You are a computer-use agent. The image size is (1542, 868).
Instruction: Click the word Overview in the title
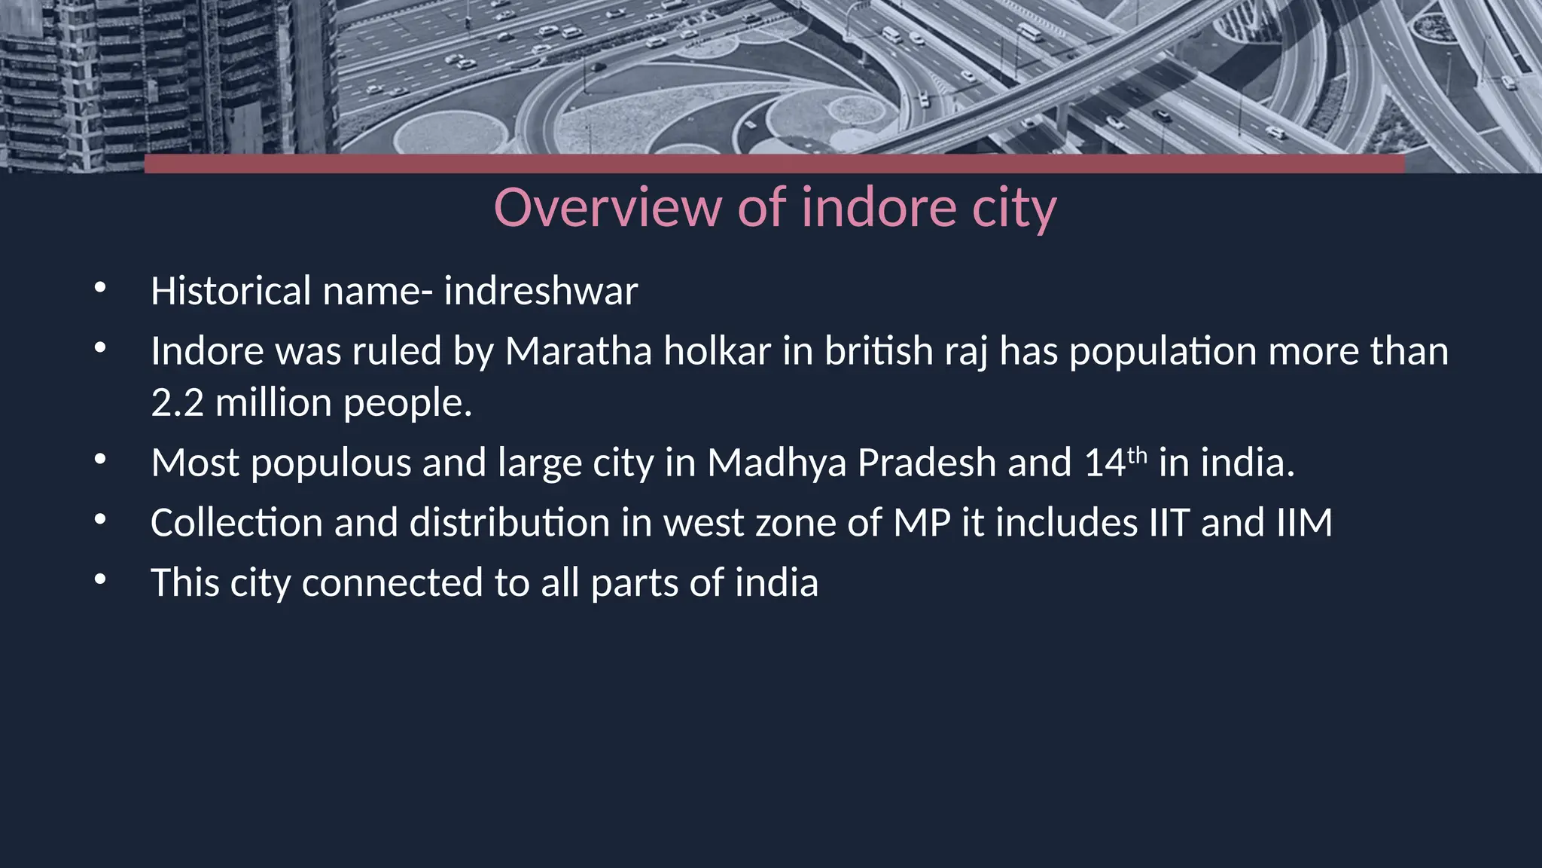click(607, 207)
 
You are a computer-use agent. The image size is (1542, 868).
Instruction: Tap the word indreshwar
click(541, 291)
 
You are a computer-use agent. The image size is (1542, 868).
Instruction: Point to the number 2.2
click(177, 403)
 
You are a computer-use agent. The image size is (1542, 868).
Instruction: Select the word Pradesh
click(926, 463)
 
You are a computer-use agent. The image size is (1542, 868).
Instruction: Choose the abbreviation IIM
click(1304, 523)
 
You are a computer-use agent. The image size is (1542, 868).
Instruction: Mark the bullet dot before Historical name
click(100, 288)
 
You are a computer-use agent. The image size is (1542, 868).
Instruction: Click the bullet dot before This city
click(100, 580)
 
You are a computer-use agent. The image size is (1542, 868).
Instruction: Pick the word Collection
click(236, 523)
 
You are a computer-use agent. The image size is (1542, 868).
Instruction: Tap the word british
click(879, 351)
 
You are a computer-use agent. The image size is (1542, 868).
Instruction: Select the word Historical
click(230, 291)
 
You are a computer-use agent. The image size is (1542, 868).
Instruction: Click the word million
click(273, 403)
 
